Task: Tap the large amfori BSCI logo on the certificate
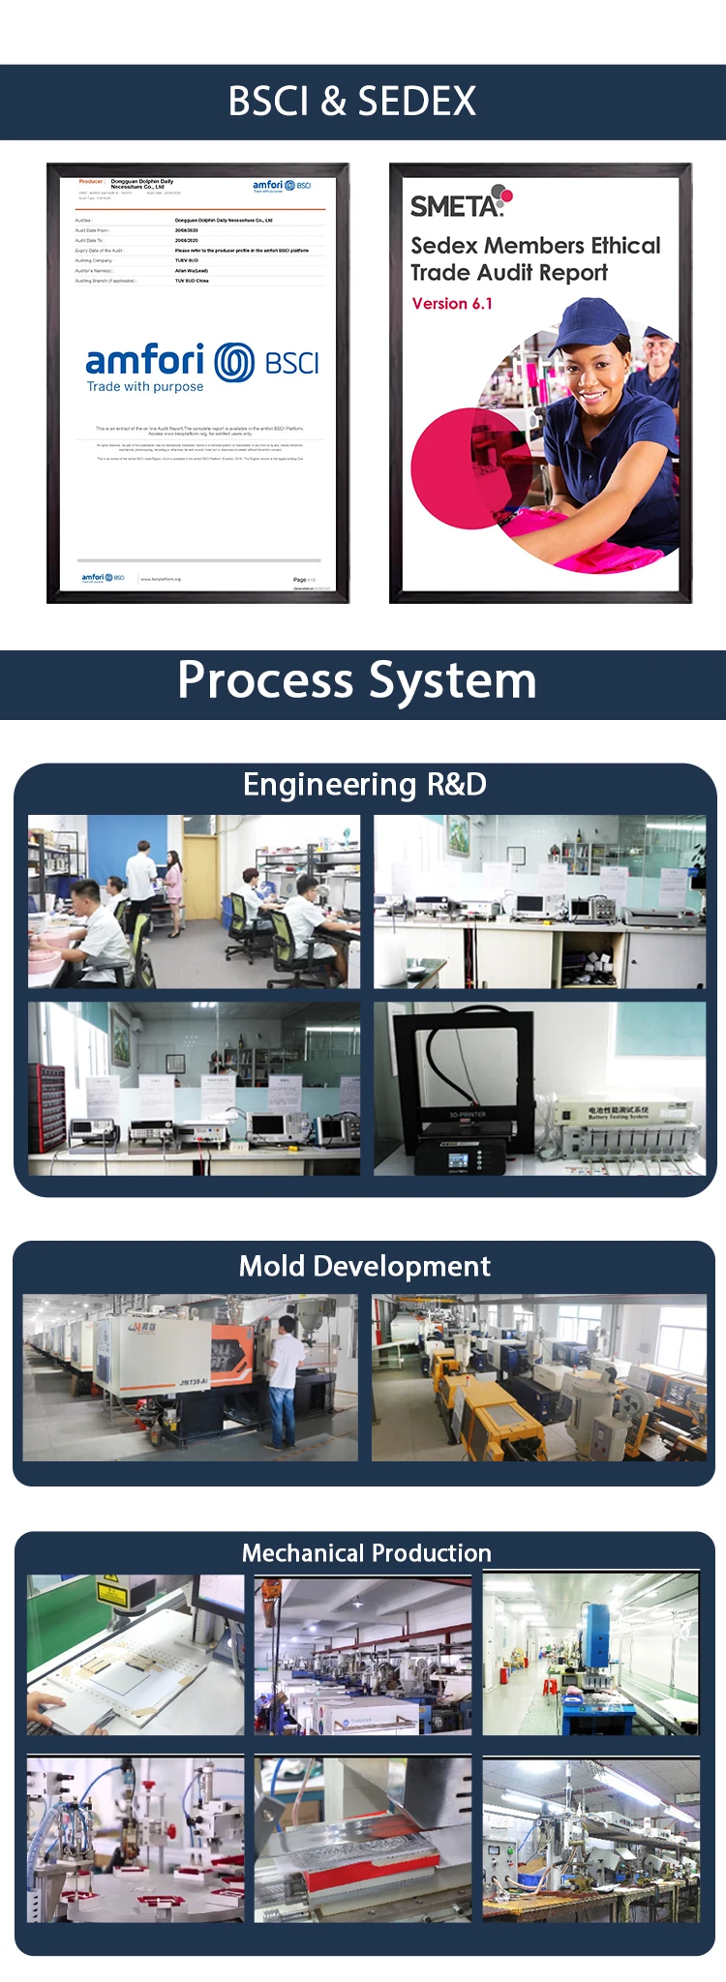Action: coord(202,362)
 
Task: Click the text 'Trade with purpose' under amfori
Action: coord(145,387)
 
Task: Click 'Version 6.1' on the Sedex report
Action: coord(452,304)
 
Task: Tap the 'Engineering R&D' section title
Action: coord(364,784)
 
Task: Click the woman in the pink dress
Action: coord(172,876)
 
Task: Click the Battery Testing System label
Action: coord(619,1113)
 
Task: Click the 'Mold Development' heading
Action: coord(364,1266)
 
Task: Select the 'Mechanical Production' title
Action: coord(366,1553)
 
